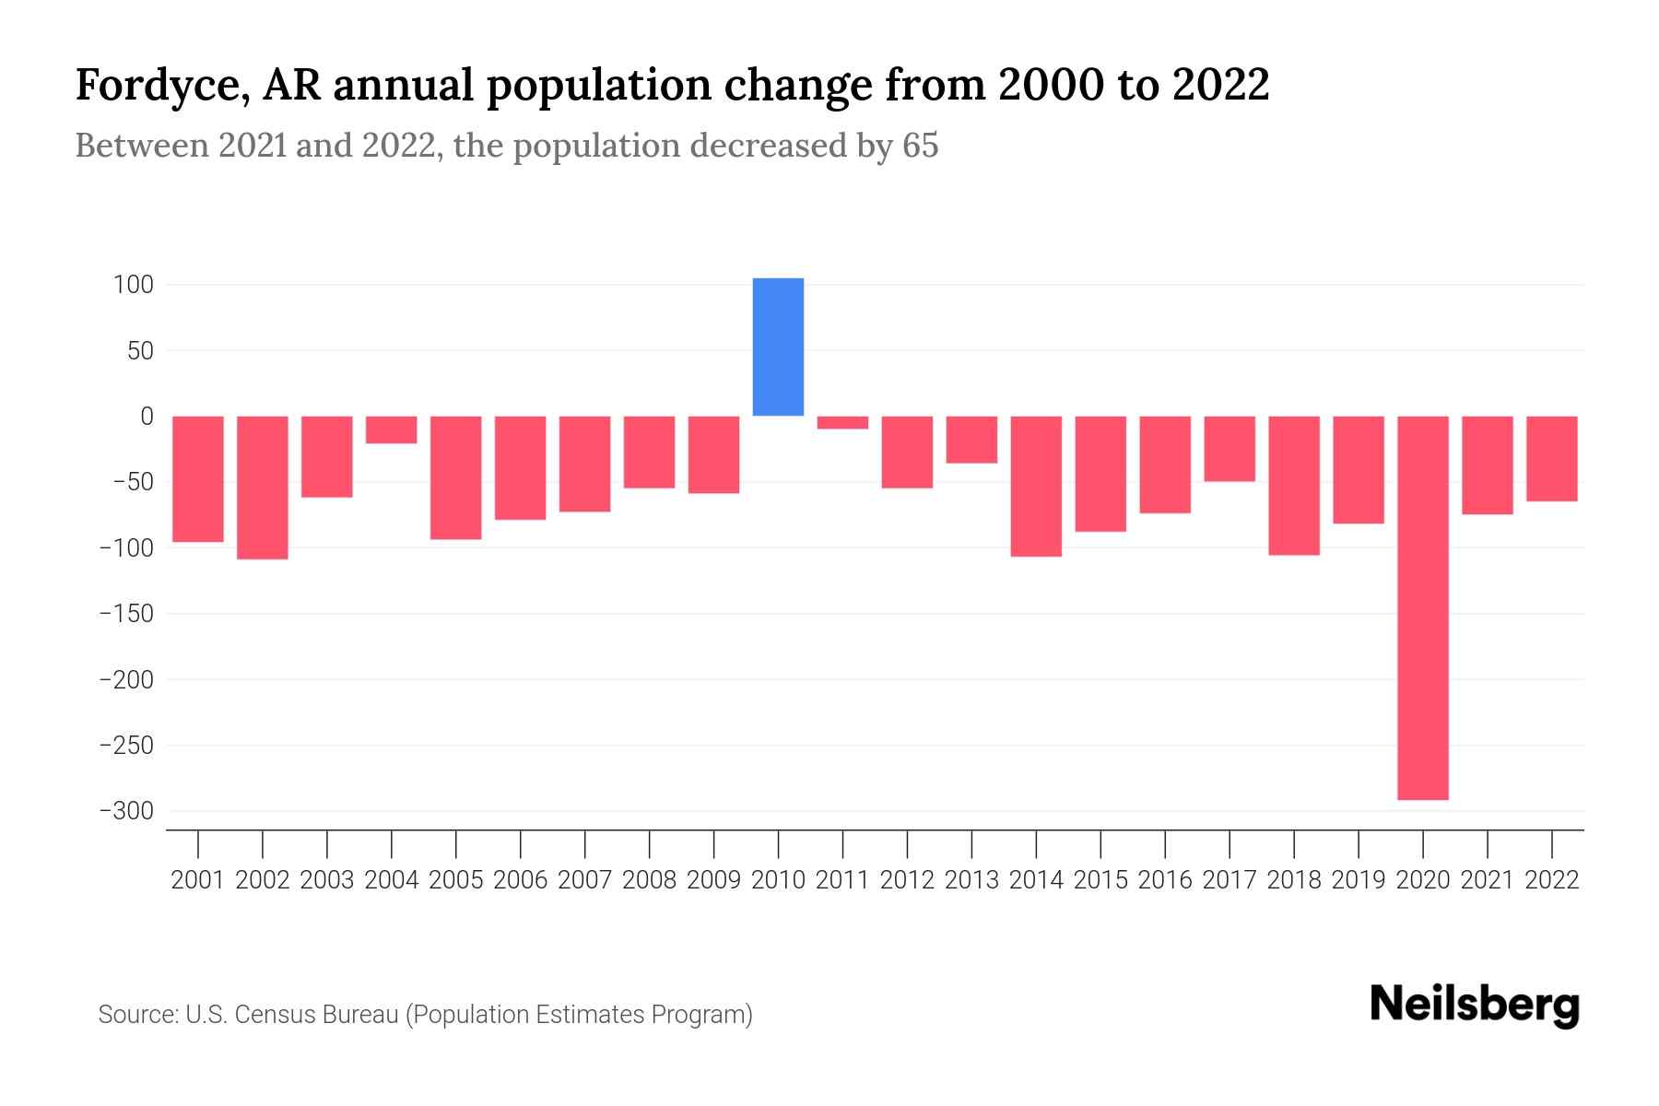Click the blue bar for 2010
778,347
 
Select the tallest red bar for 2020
1422,607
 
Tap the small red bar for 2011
842,422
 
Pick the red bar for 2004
391,429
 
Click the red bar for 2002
263,488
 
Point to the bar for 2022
1551,458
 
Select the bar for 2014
1036,486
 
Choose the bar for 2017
1229,449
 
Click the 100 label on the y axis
133,285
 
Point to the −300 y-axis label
126,811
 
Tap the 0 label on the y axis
147,417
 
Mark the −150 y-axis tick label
126,614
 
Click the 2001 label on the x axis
198,880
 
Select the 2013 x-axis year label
971,880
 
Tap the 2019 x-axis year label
1358,880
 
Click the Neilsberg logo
1474,1006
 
